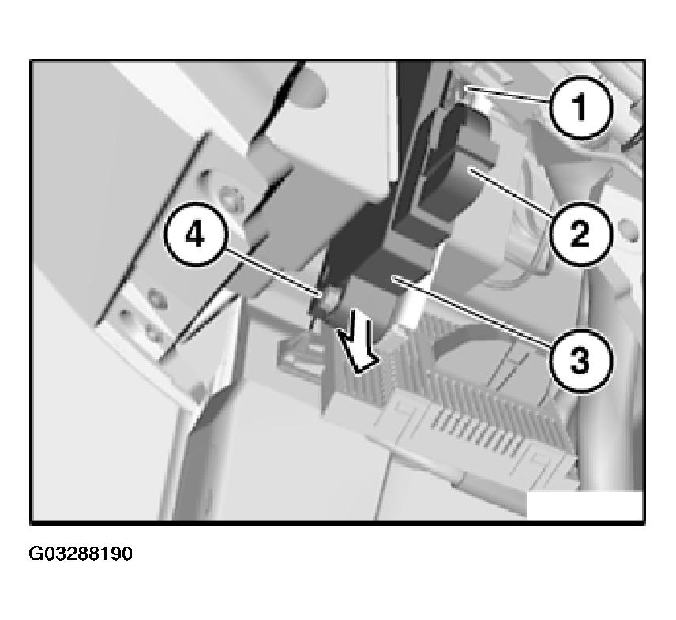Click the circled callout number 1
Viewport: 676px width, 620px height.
(581, 107)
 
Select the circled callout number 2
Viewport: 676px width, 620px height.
(581, 233)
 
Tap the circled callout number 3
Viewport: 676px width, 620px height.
(580, 360)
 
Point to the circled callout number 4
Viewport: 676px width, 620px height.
(195, 235)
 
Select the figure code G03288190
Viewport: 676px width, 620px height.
(81, 554)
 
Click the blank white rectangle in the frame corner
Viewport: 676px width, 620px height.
(585, 505)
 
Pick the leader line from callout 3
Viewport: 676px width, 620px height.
(471, 308)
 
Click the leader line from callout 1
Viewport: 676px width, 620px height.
(509, 95)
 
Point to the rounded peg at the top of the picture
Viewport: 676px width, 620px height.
(308, 88)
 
